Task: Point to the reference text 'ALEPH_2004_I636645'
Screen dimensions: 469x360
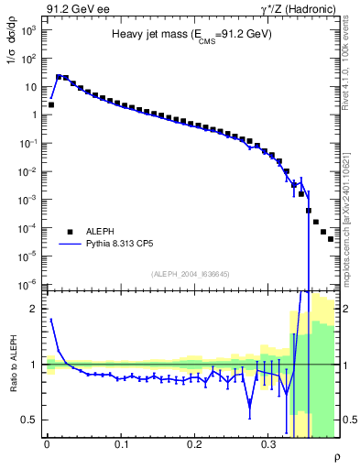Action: click(191, 274)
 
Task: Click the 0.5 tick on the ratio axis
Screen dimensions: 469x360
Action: click(30, 420)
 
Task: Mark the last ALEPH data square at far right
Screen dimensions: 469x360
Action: click(331, 238)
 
